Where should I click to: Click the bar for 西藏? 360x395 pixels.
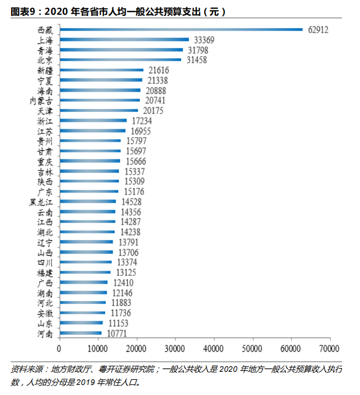point(181,30)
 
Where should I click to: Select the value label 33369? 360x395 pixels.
point(205,40)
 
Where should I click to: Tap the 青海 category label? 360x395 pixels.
point(45,50)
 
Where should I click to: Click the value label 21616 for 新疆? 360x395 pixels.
point(159,70)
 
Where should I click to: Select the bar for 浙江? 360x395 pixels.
point(93,121)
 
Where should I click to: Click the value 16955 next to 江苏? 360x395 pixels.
point(141,131)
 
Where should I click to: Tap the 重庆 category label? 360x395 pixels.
point(45,161)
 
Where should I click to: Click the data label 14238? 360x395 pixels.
point(131,232)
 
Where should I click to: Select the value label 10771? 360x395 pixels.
point(117,333)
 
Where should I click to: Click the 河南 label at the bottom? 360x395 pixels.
point(45,333)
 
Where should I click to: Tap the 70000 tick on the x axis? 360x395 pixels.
point(329,349)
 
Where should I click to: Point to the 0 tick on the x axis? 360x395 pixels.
point(60,349)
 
